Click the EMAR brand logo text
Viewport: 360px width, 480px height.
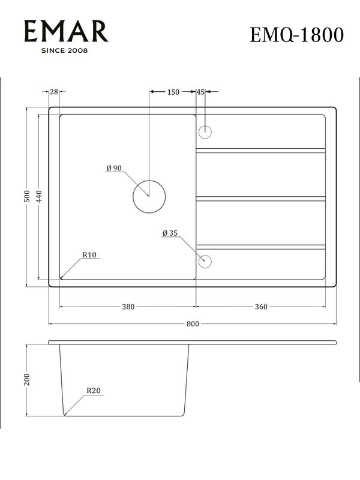[x=66, y=31]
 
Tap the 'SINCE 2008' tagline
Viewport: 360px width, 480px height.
[x=64, y=50]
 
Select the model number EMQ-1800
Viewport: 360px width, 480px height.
[x=297, y=35]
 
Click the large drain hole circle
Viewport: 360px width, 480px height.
[x=149, y=196]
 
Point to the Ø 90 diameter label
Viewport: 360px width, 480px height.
[x=114, y=169]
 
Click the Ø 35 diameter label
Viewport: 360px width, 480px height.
[x=170, y=233]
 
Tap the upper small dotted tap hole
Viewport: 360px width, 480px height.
[x=205, y=131]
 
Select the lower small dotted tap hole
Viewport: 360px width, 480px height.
[x=205, y=260]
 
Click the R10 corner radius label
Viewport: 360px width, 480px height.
[x=89, y=255]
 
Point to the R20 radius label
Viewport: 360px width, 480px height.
[x=93, y=391]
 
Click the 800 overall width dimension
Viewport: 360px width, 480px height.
[x=192, y=324]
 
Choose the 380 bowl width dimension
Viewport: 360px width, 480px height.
[x=128, y=307]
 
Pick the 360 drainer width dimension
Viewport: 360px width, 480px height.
[x=261, y=307]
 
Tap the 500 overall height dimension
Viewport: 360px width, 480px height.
[x=26, y=197]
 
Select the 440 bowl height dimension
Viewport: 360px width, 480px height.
[x=40, y=197]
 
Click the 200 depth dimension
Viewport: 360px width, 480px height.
[x=26, y=380]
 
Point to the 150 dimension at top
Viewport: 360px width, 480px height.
[x=173, y=92]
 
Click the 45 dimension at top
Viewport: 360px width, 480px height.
[x=200, y=92]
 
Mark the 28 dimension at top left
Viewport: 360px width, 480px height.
[x=54, y=92]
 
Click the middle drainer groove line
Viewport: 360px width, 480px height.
[x=260, y=199]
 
